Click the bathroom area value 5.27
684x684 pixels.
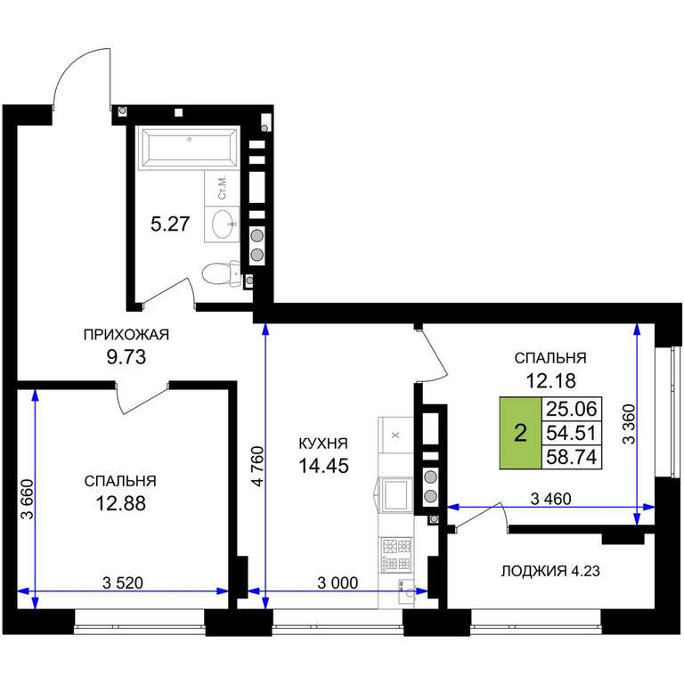[170, 224]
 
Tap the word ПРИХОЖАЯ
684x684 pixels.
[126, 335]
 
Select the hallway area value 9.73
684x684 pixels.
[126, 357]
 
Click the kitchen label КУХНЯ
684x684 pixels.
[323, 444]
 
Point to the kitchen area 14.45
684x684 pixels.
[323, 466]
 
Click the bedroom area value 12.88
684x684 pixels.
[121, 503]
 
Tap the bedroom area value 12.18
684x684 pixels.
[550, 380]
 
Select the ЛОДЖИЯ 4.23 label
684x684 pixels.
[550, 571]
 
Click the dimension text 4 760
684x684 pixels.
[258, 466]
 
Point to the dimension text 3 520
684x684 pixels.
[123, 582]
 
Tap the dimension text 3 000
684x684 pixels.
[338, 582]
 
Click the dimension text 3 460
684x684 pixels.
[550, 499]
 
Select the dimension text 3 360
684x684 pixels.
[629, 424]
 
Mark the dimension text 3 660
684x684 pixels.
[27, 499]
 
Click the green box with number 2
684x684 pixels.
[520, 434]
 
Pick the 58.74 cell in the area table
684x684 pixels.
[572, 457]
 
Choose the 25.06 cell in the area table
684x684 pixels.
[572, 409]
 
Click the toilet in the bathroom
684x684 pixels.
[221, 273]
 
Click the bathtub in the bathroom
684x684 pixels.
[189, 148]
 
